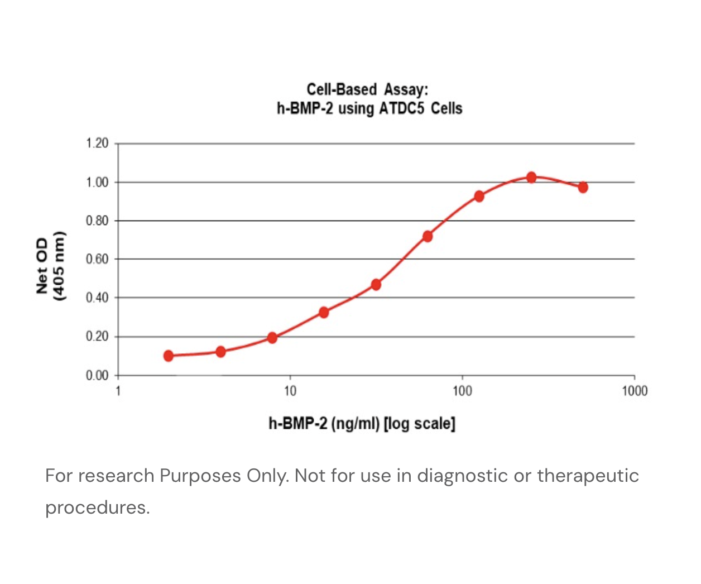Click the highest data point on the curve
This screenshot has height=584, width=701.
pyautogui.click(x=531, y=178)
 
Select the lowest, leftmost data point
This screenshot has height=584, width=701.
pyautogui.click(x=169, y=356)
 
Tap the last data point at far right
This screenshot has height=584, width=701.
pyautogui.click(x=583, y=187)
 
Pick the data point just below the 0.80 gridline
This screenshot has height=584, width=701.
pyautogui.click(x=428, y=236)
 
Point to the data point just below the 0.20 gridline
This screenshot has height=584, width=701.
pyautogui.click(x=272, y=337)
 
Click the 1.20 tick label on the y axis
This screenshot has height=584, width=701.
pyautogui.click(x=97, y=143)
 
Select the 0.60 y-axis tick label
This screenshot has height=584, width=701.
pyautogui.click(x=97, y=259)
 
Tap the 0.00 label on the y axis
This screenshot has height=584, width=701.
pyautogui.click(x=97, y=375)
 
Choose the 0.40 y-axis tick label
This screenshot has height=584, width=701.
pyautogui.click(x=97, y=298)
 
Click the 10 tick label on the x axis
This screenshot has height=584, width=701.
pyautogui.click(x=290, y=391)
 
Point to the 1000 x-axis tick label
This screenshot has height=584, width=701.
pyautogui.click(x=635, y=391)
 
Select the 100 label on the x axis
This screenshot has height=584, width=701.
pyautogui.click(x=462, y=391)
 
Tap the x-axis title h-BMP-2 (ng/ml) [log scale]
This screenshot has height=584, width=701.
pyautogui.click(x=362, y=423)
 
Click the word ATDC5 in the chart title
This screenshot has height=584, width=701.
pyautogui.click(x=401, y=108)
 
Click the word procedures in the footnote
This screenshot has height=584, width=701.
pyautogui.click(x=97, y=508)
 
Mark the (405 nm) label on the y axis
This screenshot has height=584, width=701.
pyautogui.click(x=59, y=266)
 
